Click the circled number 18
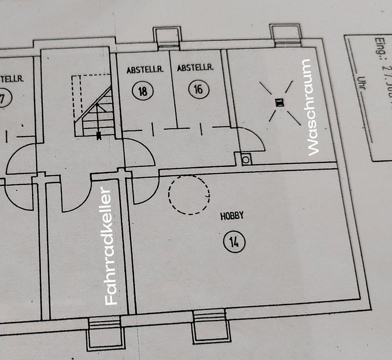(143, 90)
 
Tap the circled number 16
(198, 89)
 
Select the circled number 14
(234, 242)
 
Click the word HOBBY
(232, 216)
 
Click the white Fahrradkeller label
(111, 246)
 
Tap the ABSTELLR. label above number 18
(145, 70)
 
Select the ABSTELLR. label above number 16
(195, 68)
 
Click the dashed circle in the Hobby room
(189, 195)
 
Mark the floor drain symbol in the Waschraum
(280, 103)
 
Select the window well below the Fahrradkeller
(105, 333)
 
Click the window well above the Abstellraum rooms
(167, 37)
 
